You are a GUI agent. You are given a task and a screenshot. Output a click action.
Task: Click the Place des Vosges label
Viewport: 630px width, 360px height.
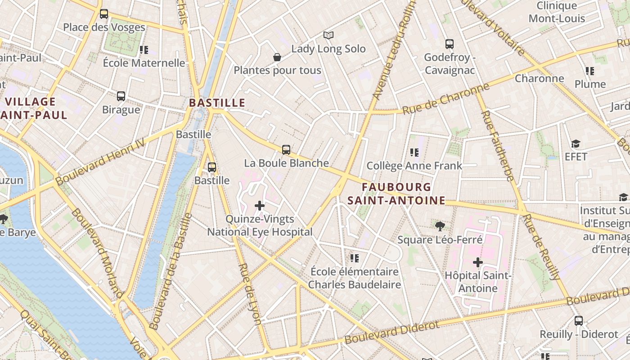104,27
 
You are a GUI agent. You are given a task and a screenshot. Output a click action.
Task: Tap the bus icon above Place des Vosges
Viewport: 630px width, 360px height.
104,14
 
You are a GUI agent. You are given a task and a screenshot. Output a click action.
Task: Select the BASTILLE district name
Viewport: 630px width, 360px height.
217,103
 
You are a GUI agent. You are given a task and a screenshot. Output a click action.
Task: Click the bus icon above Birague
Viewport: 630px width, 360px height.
121,96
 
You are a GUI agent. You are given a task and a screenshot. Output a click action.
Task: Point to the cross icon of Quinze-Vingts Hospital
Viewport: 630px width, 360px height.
260,206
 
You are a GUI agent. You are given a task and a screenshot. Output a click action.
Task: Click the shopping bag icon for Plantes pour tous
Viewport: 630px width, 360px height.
277,57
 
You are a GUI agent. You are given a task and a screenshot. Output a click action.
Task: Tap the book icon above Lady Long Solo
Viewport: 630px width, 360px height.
328,35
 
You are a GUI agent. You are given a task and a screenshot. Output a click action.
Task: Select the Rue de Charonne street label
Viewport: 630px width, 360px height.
445,99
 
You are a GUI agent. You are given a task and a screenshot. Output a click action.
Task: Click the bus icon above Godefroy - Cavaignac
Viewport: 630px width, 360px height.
450,44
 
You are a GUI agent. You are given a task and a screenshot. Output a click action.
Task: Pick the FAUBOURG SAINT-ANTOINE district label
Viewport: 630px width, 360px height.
396,194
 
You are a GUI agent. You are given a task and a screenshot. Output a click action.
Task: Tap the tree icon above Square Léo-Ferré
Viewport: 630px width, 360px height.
440,226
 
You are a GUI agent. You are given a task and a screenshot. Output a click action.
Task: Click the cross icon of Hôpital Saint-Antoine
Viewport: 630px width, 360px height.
478,262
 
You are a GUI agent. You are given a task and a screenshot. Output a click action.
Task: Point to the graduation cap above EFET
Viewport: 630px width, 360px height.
576,144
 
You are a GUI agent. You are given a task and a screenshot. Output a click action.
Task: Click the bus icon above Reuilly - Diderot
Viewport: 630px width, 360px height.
579,321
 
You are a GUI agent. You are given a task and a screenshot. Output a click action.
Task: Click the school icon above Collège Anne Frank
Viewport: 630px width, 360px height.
414,153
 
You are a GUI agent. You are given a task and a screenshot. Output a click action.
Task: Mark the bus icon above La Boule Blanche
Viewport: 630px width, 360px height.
286,150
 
